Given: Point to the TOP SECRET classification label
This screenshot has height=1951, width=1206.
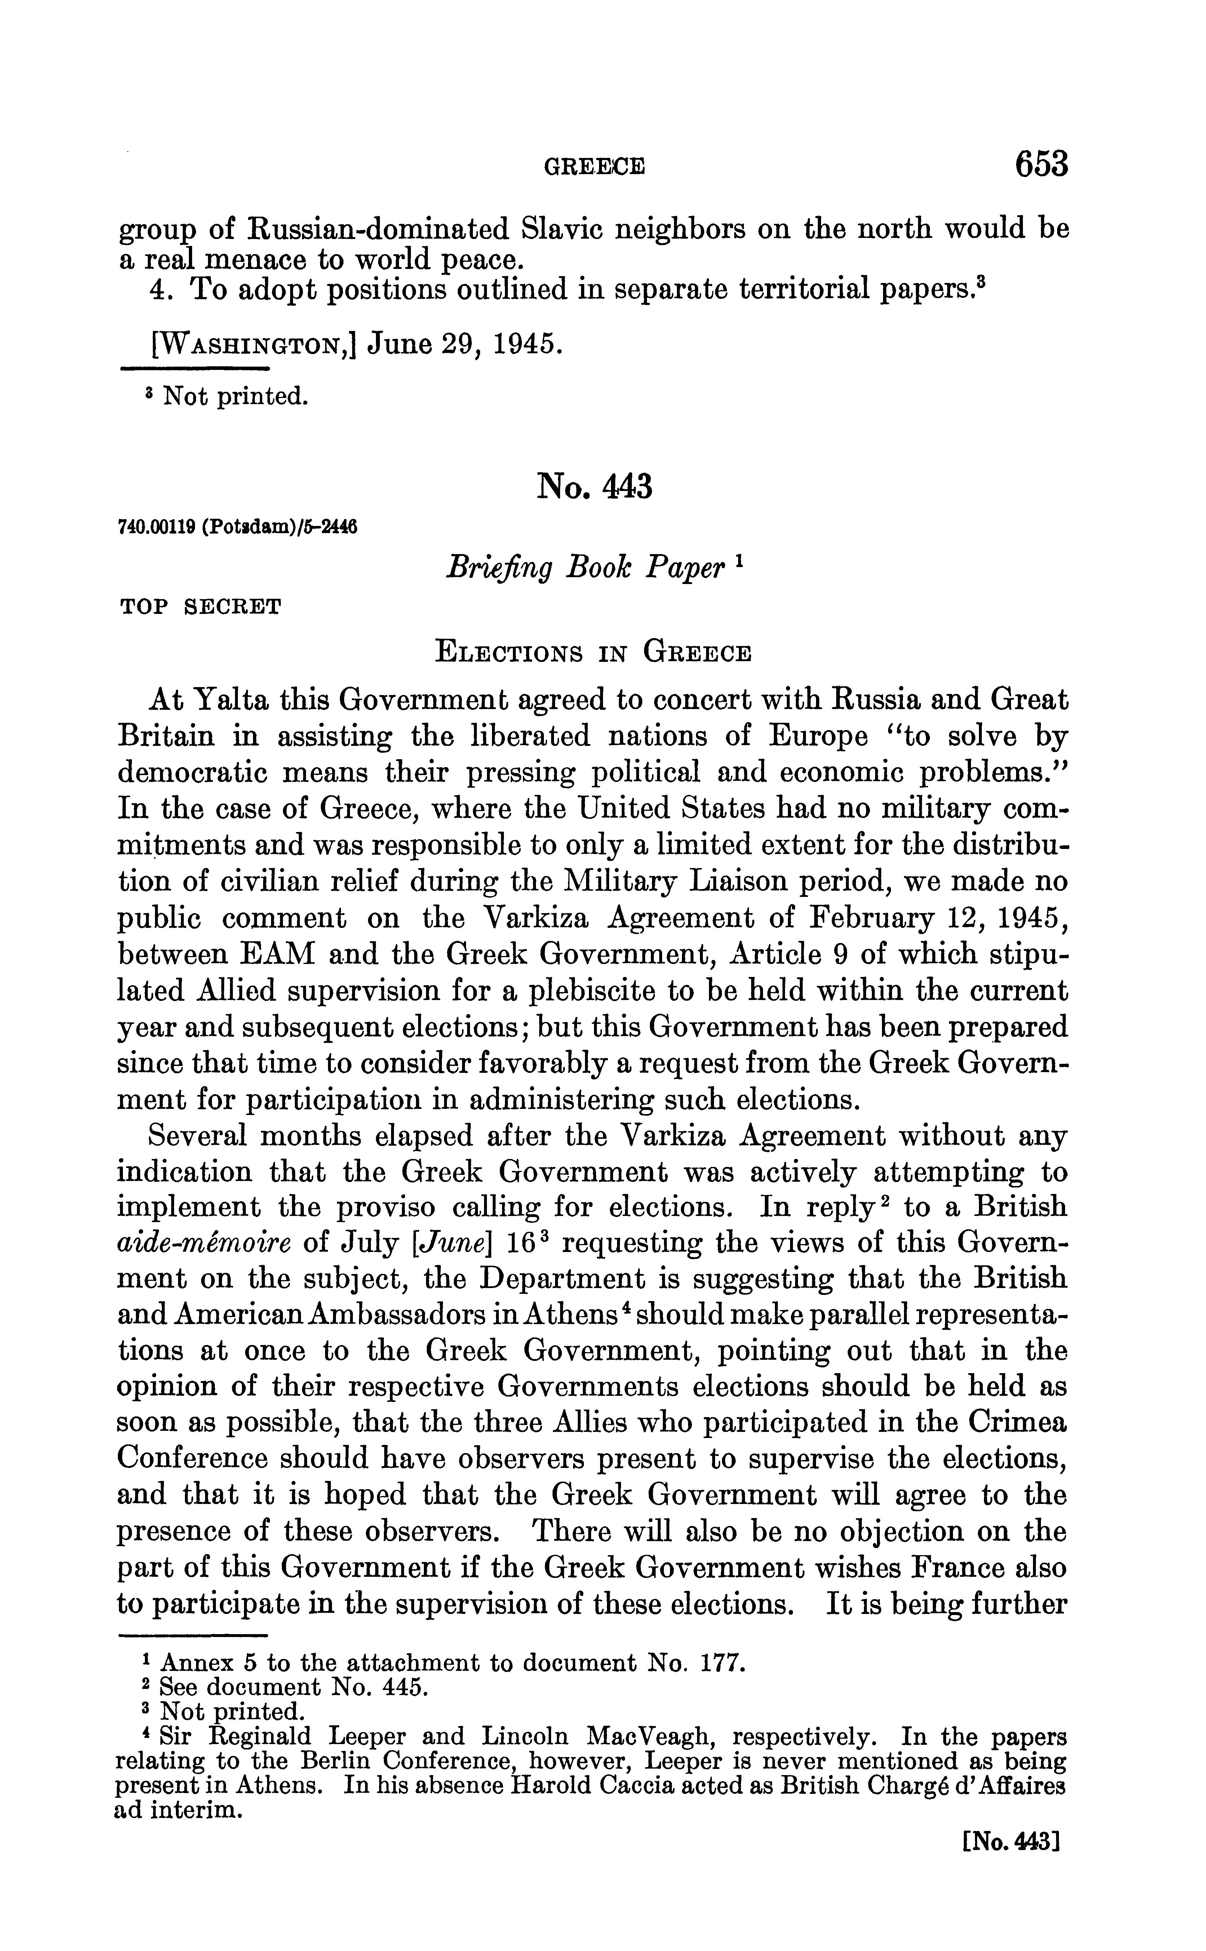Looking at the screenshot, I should [200, 607].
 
